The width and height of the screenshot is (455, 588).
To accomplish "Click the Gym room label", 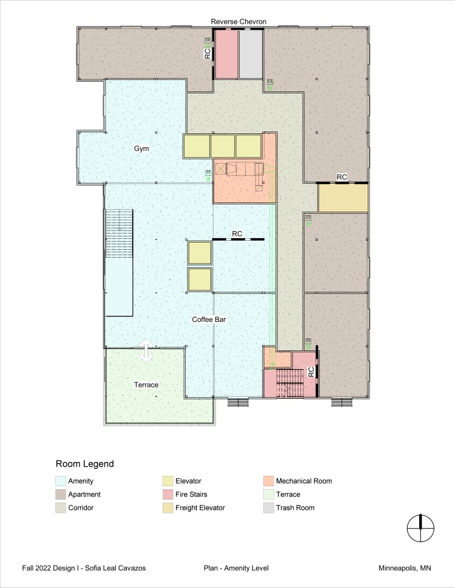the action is point(141,149).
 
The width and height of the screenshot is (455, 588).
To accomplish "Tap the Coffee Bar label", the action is point(209,319).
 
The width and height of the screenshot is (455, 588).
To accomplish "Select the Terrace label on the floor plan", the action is point(146,385).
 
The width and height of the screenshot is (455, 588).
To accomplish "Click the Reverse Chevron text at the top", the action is point(238,22).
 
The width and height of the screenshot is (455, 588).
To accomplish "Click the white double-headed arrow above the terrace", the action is point(146,351).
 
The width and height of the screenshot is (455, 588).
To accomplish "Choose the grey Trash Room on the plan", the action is point(251,54).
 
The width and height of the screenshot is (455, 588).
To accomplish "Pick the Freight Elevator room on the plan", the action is point(343,198).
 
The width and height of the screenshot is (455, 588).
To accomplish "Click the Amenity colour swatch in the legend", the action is point(61,481).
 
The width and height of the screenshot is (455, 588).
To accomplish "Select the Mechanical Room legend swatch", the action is point(268,481).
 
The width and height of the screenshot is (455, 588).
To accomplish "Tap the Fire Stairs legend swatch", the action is point(168,495).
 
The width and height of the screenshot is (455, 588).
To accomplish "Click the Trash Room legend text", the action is point(295,508).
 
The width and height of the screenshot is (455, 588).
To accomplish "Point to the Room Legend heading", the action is point(85,464).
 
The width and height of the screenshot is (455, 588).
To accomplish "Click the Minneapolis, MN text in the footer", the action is point(405,568).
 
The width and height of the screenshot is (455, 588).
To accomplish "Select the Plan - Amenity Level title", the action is point(236,568).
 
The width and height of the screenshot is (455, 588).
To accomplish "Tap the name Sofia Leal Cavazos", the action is point(115,568).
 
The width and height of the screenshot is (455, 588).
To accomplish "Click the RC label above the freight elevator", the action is point(342,177).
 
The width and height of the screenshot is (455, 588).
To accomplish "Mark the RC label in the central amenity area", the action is point(237,234).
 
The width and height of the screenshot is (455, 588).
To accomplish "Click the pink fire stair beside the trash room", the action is point(226,54).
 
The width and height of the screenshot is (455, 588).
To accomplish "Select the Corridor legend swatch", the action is point(61,508).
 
